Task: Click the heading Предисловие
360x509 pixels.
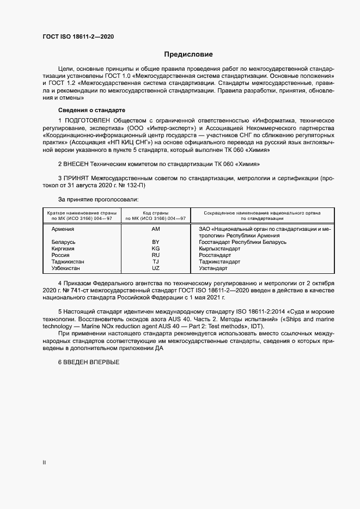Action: tap(188, 54)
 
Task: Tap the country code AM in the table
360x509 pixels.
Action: tap(156, 229)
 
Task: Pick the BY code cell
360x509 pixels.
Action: tap(156, 242)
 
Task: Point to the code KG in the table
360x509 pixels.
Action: tap(156, 248)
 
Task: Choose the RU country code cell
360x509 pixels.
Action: tap(156, 255)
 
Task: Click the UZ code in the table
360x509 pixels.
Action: tap(156, 268)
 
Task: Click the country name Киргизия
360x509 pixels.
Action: tap(63, 248)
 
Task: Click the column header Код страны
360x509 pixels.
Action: tap(155, 212)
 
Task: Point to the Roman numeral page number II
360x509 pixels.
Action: tap(44, 463)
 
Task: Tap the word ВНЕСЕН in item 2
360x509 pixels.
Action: tap(80, 164)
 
